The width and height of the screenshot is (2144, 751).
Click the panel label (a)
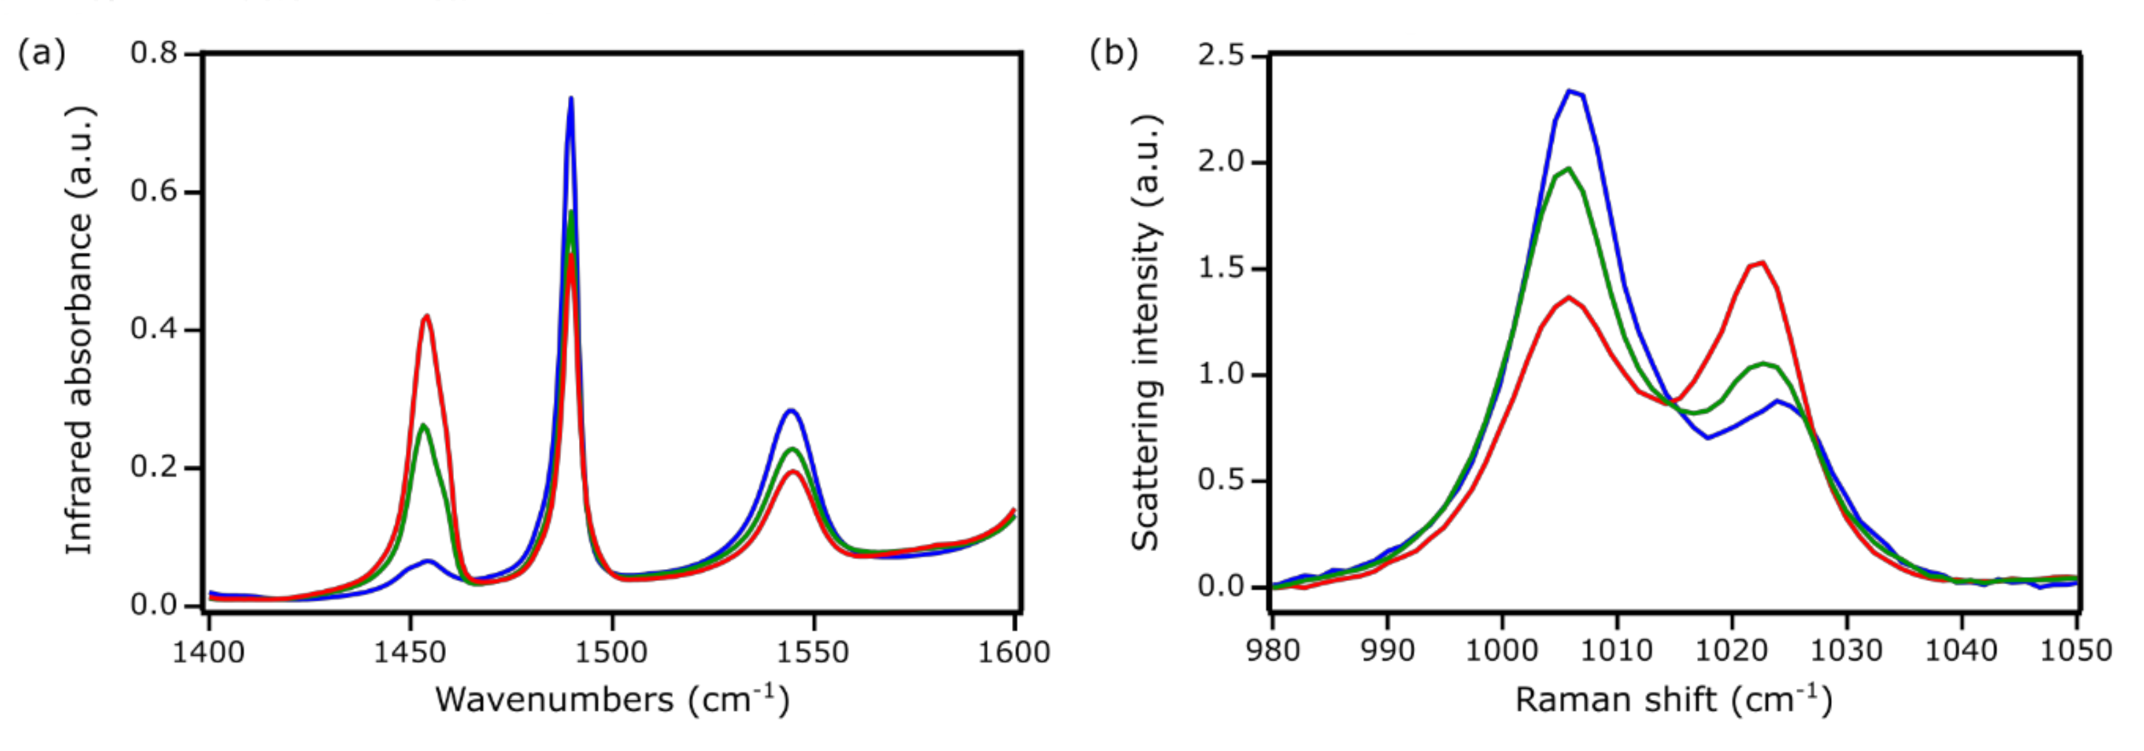pyautogui.click(x=40, y=54)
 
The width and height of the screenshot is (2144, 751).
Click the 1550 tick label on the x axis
pyautogui.click(x=812, y=652)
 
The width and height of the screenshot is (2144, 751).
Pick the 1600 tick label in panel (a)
pyautogui.click(x=1013, y=652)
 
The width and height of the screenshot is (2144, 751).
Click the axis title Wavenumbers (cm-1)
pyautogui.click(x=611, y=700)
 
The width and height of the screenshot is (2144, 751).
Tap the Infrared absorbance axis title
pyautogui.click(x=80, y=331)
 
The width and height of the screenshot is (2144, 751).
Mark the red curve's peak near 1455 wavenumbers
pyautogui.click(x=427, y=316)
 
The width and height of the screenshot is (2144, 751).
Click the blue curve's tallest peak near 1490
pyautogui.click(x=571, y=98)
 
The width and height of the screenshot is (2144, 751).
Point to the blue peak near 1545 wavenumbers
pyautogui.click(x=790, y=409)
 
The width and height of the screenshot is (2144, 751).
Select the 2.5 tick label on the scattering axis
pyautogui.click(x=1221, y=56)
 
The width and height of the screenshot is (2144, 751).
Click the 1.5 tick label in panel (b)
pyautogui.click(x=1221, y=269)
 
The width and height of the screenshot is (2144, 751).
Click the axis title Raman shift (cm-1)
pyautogui.click(x=1673, y=700)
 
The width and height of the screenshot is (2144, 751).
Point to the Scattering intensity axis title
pyautogui.click(x=1146, y=331)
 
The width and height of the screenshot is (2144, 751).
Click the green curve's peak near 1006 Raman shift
pyautogui.click(x=1569, y=169)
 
